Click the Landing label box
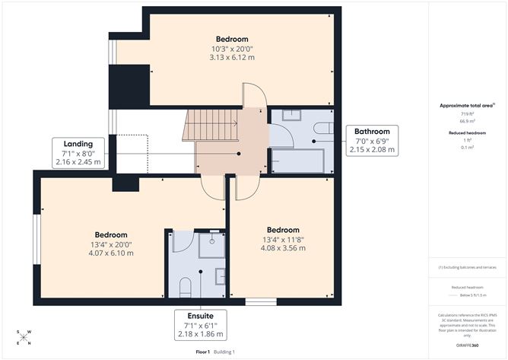click(79, 152)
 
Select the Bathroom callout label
click(375, 140)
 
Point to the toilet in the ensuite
click(183, 286)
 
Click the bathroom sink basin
click(291, 115)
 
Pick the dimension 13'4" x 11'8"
click(282, 239)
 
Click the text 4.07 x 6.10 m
click(111, 253)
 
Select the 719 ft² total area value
click(467, 113)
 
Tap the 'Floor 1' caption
click(203, 352)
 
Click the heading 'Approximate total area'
click(466, 105)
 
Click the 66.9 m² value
click(467, 121)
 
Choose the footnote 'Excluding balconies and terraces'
click(467, 267)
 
